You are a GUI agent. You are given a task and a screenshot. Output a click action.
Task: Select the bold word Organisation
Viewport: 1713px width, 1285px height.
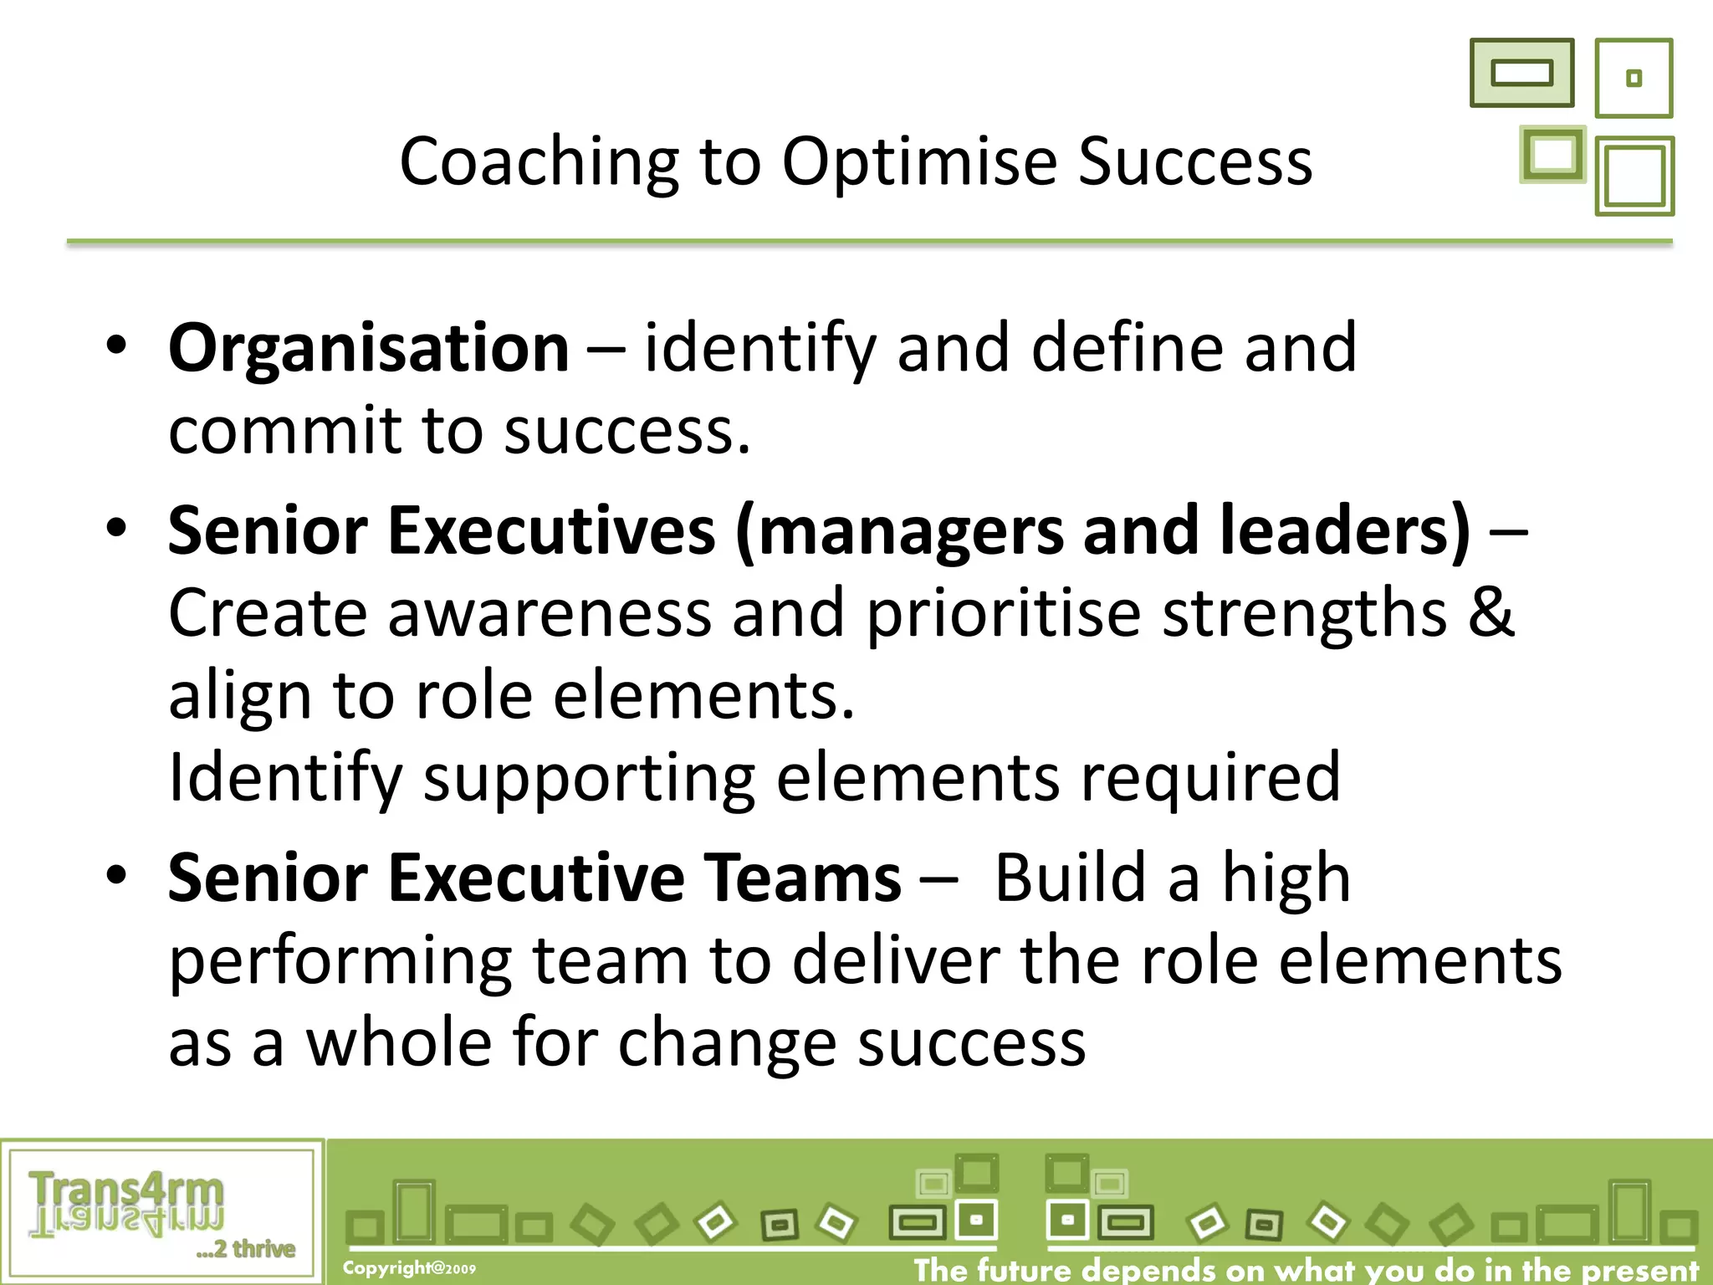pyautogui.click(x=369, y=348)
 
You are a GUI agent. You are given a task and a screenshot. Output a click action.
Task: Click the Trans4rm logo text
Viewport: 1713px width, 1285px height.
pyautogui.click(x=126, y=1191)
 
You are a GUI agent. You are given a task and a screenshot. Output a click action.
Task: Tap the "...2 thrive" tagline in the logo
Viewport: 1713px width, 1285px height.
pyautogui.click(x=246, y=1249)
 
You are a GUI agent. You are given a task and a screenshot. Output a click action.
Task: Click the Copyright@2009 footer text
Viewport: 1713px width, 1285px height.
pyautogui.click(x=409, y=1268)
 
